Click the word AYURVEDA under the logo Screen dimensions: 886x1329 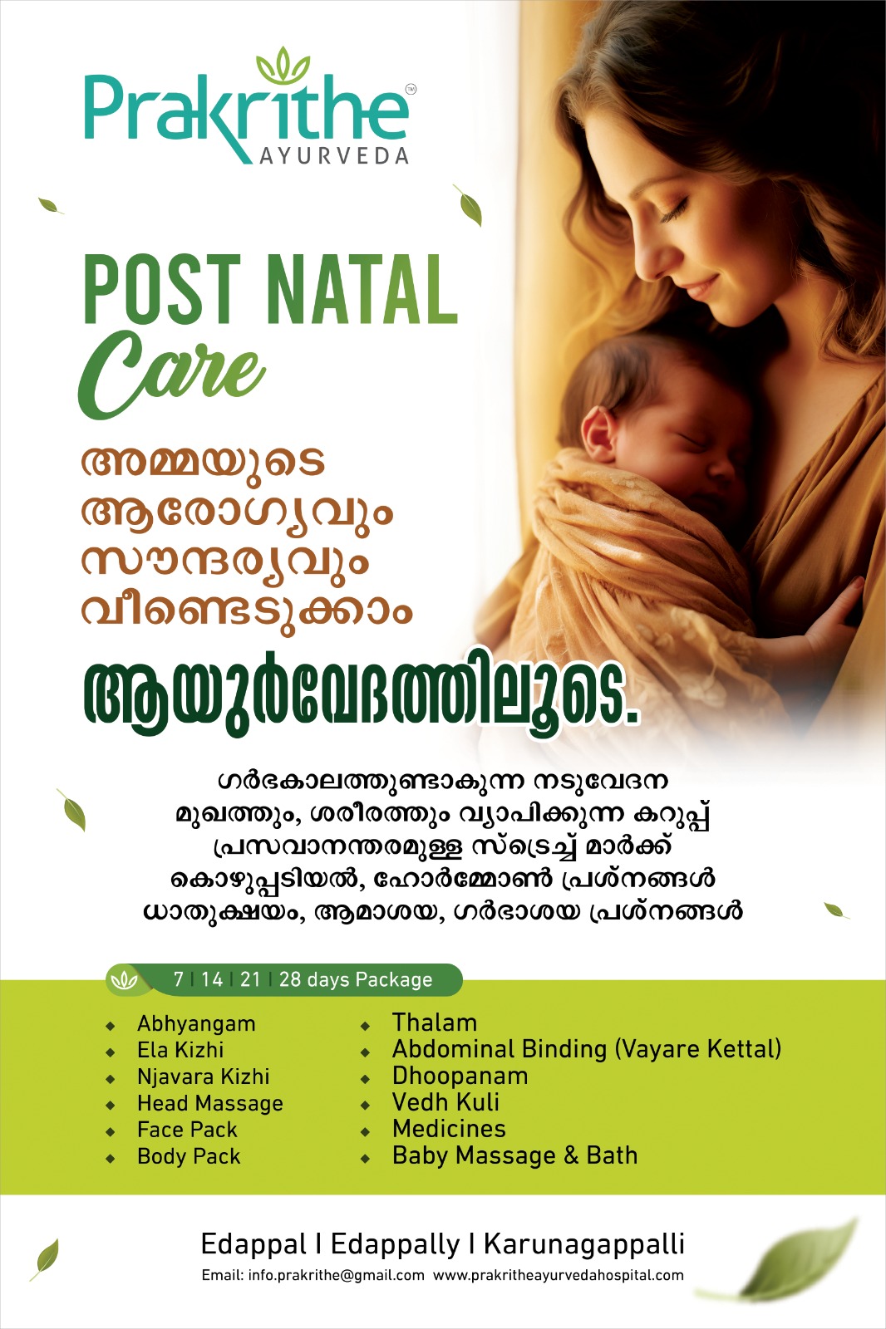click(x=334, y=155)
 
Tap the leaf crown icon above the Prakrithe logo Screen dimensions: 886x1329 click(x=283, y=66)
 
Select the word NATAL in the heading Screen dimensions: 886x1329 click(x=363, y=289)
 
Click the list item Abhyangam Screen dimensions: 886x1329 click(x=196, y=1025)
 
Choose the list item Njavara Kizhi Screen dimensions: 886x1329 click(x=203, y=1076)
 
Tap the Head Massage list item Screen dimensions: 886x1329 click(x=210, y=1104)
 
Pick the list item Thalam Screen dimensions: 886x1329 click(x=435, y=1022)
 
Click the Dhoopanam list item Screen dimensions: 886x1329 click(x=460, y=1076)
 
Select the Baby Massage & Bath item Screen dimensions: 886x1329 click(x=514, y=1155)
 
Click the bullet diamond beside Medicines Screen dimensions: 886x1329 click(x=365, y=1132)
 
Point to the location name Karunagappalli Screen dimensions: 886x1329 click(x=583, y=1245)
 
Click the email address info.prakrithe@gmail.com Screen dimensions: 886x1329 click(x=336, y=1276)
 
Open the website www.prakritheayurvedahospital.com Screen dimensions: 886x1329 click(x=559, y=1276)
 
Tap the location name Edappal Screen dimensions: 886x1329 click(x=254, y=1245)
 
